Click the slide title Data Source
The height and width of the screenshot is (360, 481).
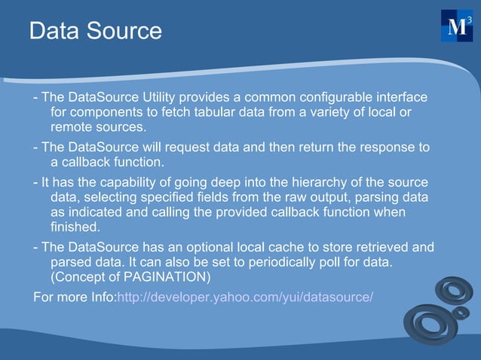point(95,31)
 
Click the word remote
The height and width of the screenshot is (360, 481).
point(72,128)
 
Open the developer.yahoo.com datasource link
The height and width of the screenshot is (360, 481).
point(245,296)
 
